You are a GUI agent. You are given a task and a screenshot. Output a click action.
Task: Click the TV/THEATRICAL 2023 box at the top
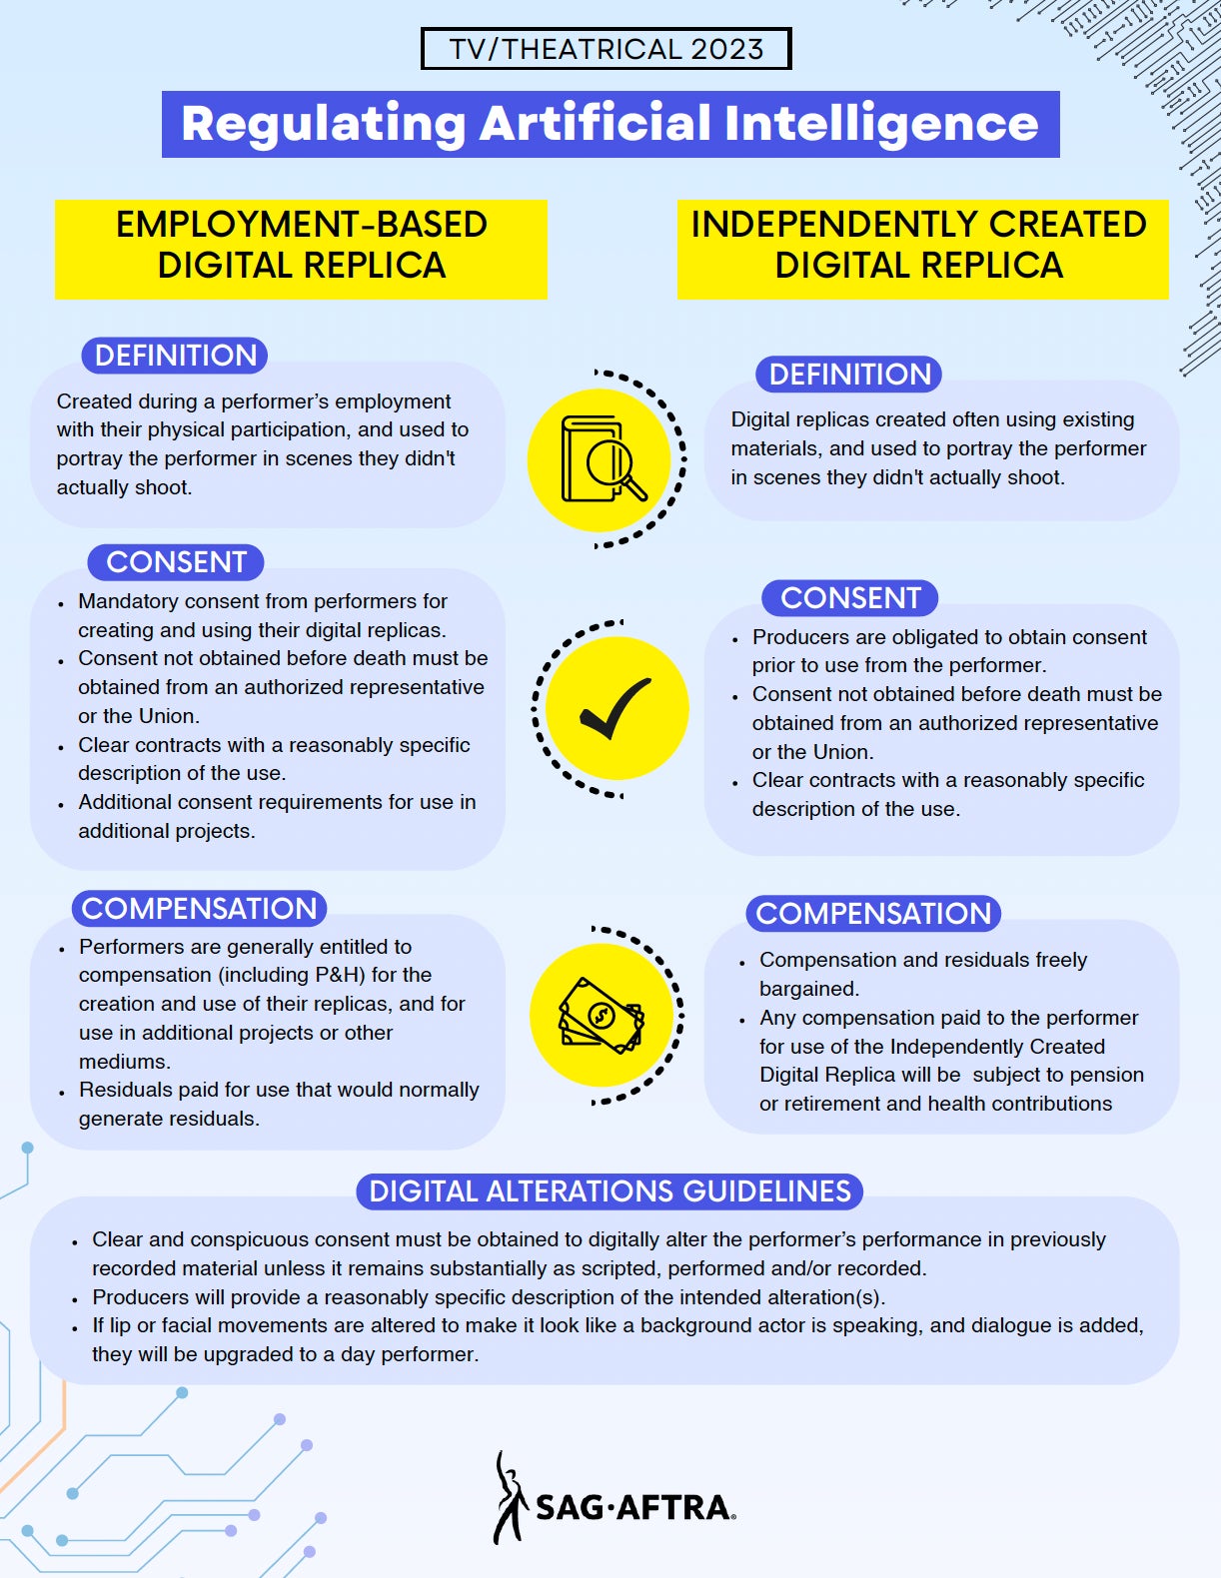606,49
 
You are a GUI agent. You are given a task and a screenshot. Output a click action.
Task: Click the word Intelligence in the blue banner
881,124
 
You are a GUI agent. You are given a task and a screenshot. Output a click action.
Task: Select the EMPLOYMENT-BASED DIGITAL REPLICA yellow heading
301,249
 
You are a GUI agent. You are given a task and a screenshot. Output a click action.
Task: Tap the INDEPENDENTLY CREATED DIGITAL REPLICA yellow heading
922,249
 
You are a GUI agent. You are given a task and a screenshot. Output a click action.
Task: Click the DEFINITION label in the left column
174,356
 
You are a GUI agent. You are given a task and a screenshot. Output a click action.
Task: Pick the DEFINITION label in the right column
848,374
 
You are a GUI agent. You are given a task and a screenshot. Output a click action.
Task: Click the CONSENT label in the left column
176,562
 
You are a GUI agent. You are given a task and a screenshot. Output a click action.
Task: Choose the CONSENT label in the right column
850,597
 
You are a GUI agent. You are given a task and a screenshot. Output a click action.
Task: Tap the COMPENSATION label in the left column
199,909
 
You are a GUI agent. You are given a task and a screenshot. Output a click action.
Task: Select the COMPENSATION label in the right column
873,914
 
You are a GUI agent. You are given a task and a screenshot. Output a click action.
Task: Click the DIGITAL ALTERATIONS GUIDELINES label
610,1191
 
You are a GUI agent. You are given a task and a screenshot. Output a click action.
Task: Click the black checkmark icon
615,708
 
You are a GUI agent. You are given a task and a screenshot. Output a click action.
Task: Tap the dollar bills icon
602,1015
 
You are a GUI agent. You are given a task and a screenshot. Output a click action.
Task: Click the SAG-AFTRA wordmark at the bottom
635,1508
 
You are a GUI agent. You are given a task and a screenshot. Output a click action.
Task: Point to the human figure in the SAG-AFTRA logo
510,1497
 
